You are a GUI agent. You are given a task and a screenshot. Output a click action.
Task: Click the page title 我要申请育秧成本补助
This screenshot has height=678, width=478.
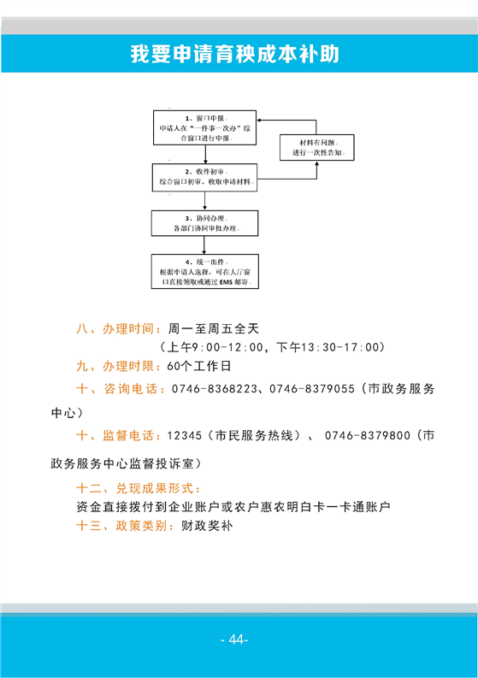235,54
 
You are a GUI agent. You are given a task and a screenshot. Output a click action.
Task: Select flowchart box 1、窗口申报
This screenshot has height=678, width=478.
204,127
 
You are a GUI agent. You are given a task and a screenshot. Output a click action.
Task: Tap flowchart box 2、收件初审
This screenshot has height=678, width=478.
204,177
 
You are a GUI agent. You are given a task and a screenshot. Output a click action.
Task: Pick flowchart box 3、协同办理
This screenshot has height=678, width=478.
204,223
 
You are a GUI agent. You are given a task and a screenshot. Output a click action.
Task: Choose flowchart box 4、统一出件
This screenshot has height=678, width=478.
205,272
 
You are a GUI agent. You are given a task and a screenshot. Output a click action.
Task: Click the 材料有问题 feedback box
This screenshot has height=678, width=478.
317,147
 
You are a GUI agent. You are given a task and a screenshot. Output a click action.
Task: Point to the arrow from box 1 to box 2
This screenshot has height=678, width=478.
205,155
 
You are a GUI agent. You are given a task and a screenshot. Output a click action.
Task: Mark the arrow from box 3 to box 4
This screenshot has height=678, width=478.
204,245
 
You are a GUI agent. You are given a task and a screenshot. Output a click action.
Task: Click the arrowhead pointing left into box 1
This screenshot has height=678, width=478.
260,121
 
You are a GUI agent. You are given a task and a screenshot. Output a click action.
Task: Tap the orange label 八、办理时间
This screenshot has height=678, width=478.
115,328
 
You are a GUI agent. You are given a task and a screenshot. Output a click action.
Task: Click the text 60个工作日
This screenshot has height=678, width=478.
199,366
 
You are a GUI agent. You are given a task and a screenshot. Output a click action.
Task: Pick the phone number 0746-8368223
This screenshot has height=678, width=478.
215,389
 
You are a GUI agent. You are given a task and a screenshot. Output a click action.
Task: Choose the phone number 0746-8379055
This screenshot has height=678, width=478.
312,389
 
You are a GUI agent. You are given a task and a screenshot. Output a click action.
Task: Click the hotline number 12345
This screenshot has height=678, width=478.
185,435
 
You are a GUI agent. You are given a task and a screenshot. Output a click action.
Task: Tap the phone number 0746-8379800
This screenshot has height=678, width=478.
367,435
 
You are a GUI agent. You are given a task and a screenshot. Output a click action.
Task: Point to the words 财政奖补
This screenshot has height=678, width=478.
207,526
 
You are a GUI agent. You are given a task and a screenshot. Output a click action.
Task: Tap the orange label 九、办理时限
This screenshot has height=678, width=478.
115,366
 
